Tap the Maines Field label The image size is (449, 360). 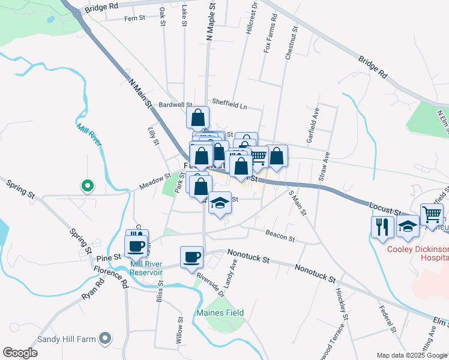point(220,313)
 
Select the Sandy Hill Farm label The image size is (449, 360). point(67,339)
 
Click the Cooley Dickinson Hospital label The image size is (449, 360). point(418,253)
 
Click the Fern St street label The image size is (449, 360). point(134,19)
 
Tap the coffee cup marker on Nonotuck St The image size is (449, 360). point(191,257)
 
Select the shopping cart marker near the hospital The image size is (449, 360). point(432,214)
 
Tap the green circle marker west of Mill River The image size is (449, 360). point(87,186)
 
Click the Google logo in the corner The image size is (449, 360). point(20,353)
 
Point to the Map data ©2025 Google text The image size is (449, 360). point(411,355)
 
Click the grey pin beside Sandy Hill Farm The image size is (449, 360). point(105,339)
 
